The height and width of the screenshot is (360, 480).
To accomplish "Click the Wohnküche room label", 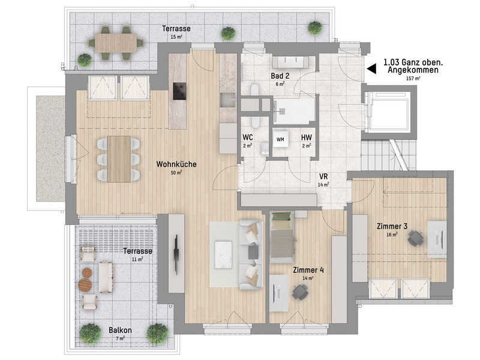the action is coord(176,164).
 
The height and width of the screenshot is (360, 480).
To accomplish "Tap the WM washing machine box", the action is coord(280,139).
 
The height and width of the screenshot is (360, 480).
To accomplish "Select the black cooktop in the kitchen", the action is coord(179,91).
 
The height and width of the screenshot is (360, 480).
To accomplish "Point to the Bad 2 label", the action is coord(280,76).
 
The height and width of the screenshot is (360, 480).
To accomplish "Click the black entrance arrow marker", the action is coord(371,68).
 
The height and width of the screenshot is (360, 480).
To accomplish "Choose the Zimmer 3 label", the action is coord(392,227).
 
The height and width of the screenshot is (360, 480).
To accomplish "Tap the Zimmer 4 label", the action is coord(308,270).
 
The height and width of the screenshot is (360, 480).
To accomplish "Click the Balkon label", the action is coord(121,331).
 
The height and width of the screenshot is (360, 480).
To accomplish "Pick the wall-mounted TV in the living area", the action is coord(176,254).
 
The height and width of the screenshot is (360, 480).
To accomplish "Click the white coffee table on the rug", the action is coord(223,254).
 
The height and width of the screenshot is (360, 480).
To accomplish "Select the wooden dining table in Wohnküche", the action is coord(119,159).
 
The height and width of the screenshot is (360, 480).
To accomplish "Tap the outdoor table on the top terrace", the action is coord(116,43).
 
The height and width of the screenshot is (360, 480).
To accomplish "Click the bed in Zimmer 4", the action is coord(282,237).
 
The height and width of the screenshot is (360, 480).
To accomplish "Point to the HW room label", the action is coord(307,138).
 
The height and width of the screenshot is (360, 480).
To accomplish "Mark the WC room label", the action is coord(248,137).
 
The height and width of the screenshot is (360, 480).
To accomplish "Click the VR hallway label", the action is coord(323,176).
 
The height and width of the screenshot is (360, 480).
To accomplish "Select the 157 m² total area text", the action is coord(413,79).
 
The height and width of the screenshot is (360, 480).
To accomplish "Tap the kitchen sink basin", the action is coord(227,100).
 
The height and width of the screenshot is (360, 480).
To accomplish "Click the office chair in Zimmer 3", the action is coord(416,238).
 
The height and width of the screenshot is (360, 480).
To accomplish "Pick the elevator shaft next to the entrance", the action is coord(389,110).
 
